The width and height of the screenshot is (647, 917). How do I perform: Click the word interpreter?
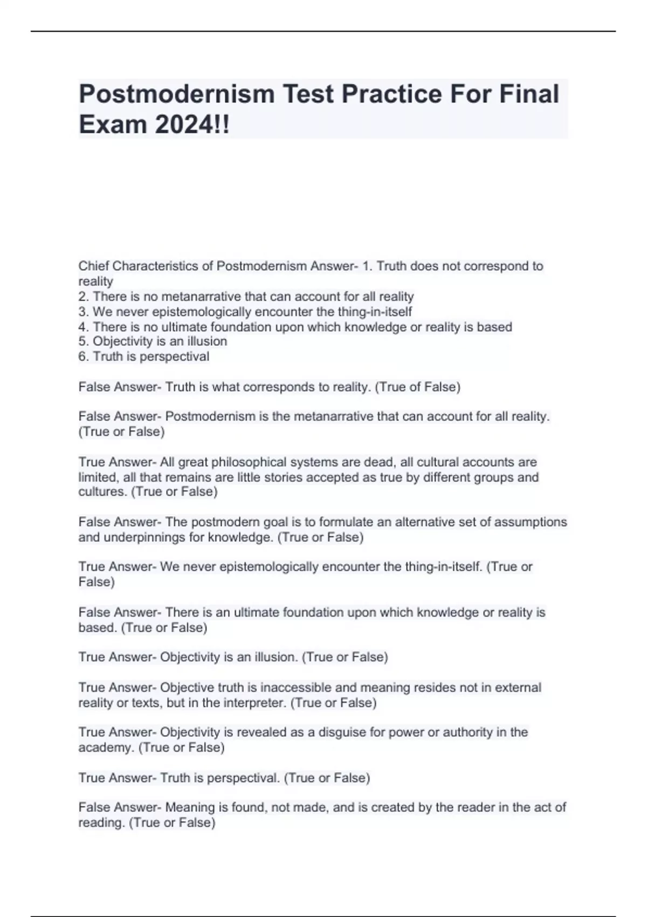pos(254,703)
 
